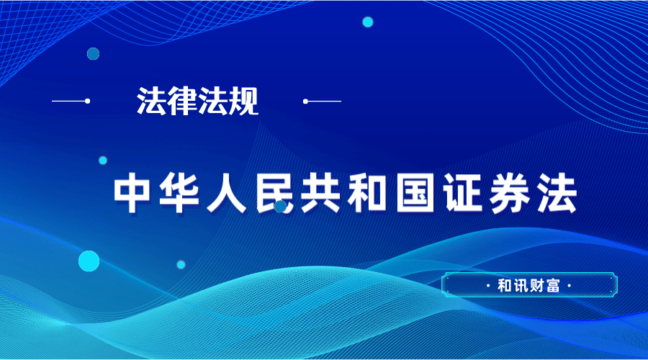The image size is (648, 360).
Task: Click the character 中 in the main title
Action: coord(132,193)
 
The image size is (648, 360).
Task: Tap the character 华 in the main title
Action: coord(179,193)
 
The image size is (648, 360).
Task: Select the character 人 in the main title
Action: coord(226,193)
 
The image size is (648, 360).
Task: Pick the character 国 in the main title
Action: coord(415,193)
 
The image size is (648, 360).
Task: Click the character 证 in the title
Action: coord(463,193)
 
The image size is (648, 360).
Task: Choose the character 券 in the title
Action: coord(510,193)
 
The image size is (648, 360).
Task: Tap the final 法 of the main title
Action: coord(557,193)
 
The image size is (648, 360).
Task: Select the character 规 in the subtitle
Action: coord(243,101)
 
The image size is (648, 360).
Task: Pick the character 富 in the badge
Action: coord(552,286)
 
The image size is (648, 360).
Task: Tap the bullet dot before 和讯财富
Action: coord(488,286)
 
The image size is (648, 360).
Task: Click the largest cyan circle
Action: coord(89,261)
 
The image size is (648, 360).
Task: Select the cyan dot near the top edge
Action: coord(368,22)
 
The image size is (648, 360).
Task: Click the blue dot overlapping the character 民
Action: coord(281,206)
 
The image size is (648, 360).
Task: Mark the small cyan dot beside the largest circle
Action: coord(181,264)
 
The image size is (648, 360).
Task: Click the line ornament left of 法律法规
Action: coord(71,101)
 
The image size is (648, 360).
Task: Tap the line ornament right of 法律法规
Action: coord(322,101)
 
